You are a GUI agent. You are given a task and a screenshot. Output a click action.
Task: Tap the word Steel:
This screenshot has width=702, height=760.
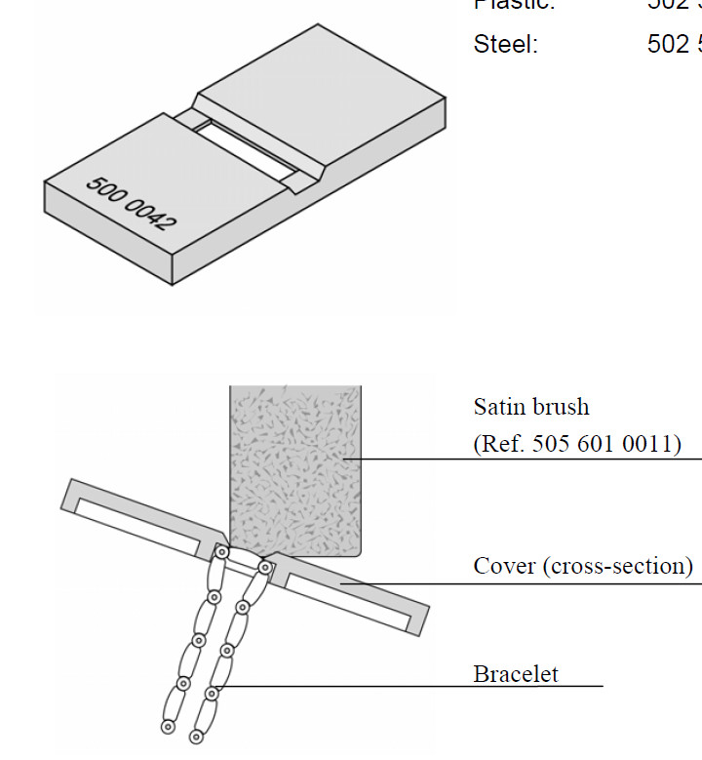click(505, 45)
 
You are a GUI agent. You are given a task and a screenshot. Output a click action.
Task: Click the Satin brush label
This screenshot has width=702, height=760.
click(531, 406)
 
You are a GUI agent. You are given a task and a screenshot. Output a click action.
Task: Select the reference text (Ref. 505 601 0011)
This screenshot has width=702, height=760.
click(577, 444)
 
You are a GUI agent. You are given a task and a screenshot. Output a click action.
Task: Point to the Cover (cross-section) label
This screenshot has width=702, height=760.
click(583, 566)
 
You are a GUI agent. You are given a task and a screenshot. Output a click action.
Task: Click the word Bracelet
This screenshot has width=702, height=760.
click(516, 674)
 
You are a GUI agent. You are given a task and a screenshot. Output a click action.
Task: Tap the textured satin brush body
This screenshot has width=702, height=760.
click(295, 459)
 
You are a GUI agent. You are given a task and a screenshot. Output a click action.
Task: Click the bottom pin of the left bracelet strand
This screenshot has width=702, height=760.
click(168, 727)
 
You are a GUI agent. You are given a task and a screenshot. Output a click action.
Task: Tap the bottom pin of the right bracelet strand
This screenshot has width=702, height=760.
click(196, 735)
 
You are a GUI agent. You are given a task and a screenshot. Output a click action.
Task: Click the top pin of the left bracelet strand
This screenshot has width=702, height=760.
click(222, 552)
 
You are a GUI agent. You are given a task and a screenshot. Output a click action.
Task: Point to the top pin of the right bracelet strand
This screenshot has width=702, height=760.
click(264, 567)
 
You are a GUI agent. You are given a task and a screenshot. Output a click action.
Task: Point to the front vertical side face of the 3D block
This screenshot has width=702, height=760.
click(107, 234)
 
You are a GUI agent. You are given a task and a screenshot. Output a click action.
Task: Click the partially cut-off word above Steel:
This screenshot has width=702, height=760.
click(514, 5)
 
